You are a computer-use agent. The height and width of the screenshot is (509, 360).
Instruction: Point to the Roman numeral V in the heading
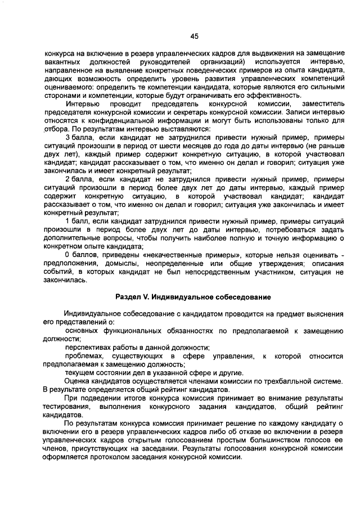click(x=146, y=296)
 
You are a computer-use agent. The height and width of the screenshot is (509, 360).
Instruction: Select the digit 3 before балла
click(x=67, y=137)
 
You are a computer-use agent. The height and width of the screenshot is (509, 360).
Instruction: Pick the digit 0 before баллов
click(x=67, y=254)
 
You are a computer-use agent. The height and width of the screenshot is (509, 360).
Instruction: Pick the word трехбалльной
click(x=287, y=381)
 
